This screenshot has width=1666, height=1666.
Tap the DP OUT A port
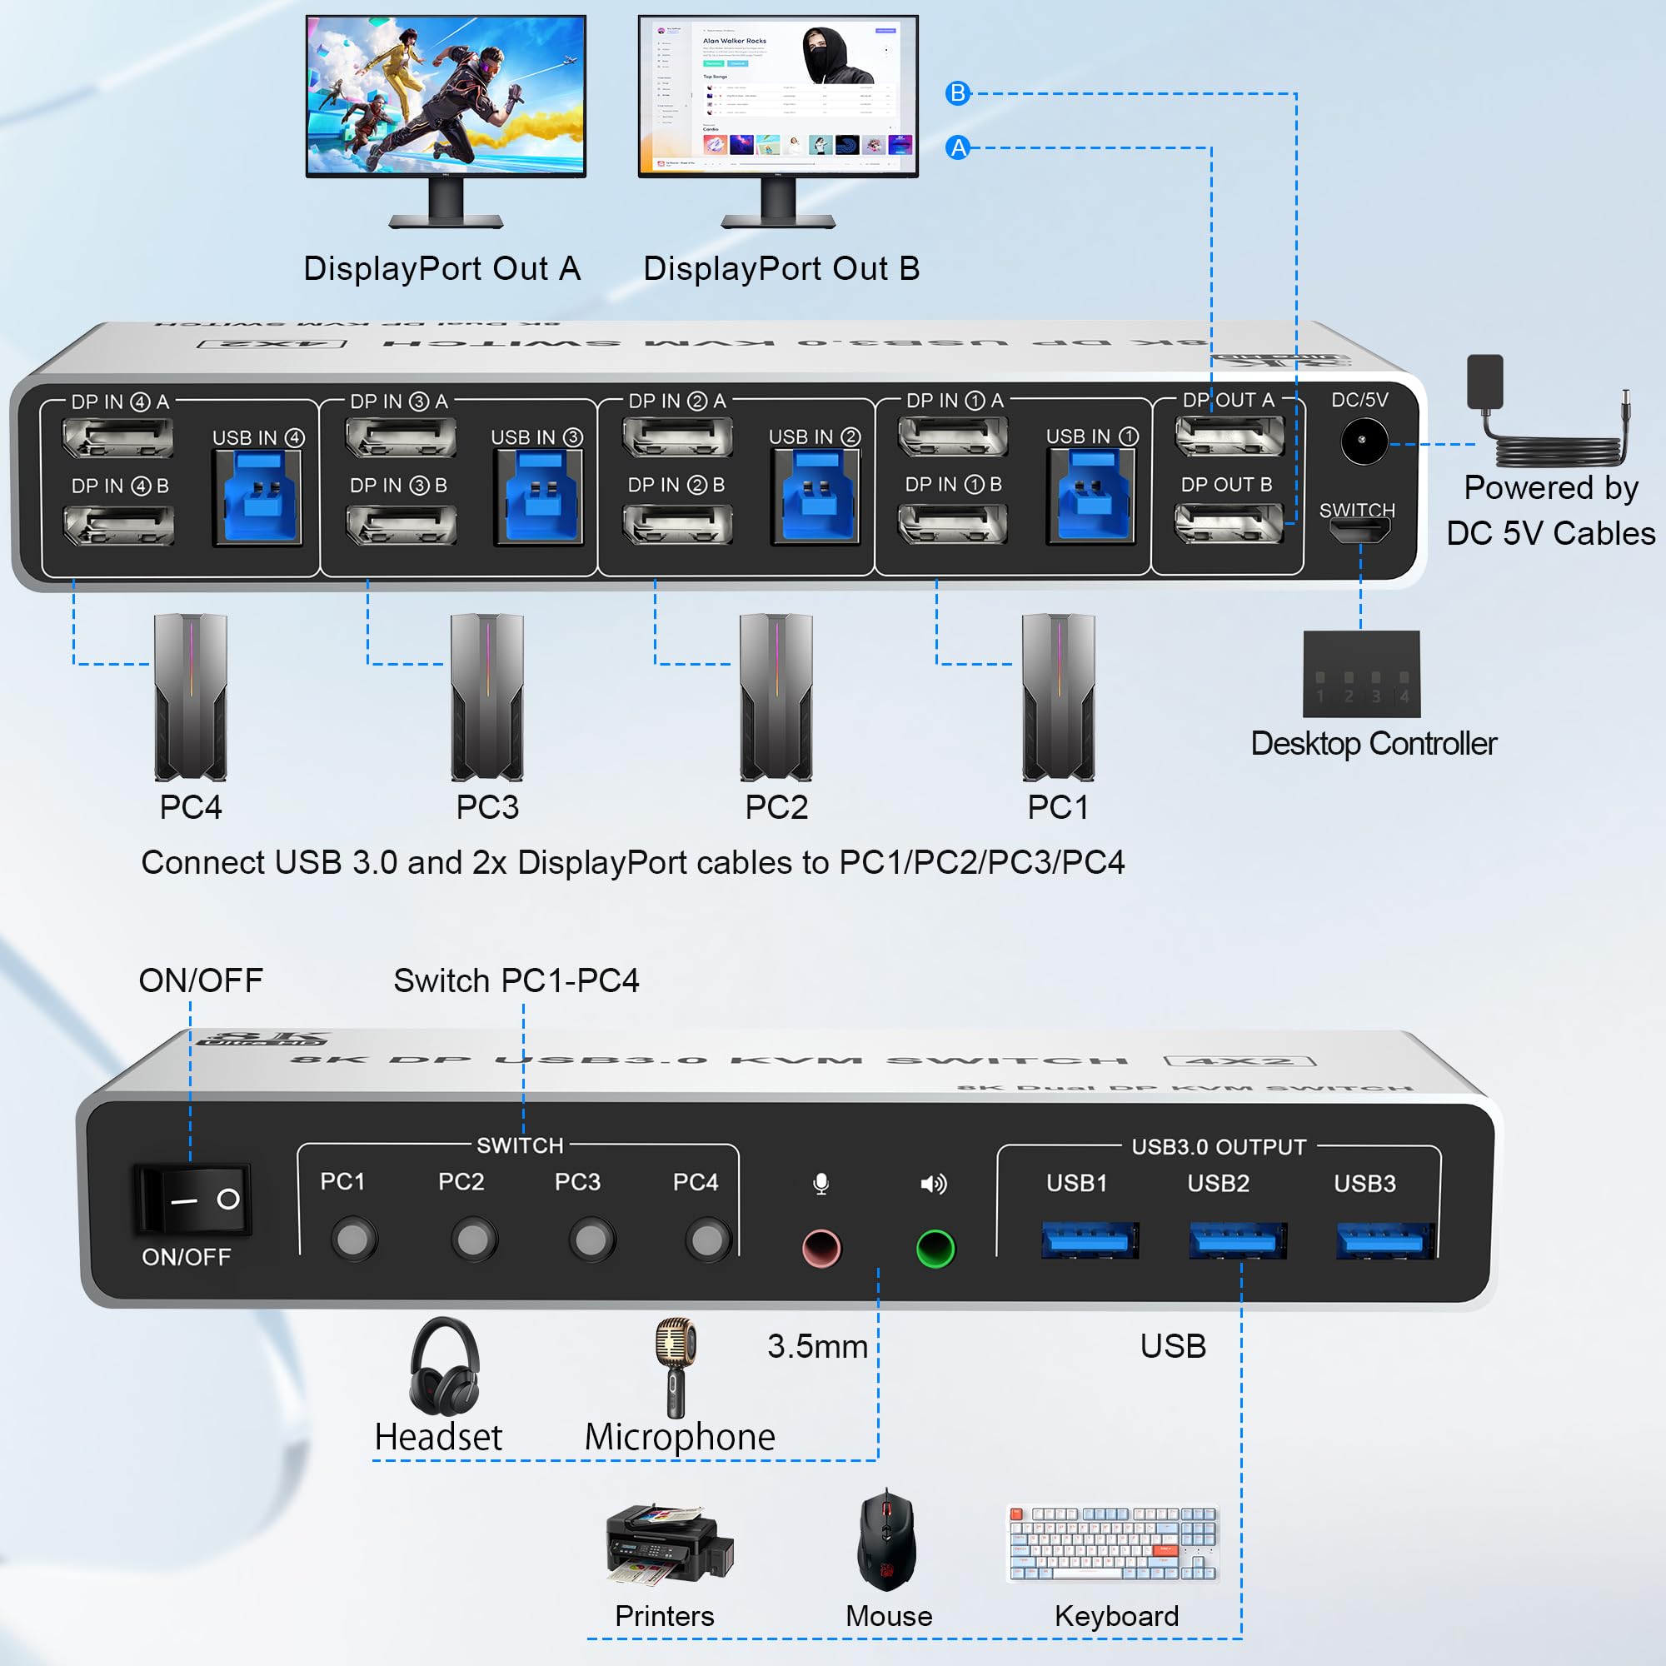click(1230, 436)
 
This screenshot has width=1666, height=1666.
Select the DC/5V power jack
click(1364, 441)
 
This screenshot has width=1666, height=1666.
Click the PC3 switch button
click(591, 1240)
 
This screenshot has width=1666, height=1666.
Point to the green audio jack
click(935, 1249)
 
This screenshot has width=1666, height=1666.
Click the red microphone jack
click(821, 1249)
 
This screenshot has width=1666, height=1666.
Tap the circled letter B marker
click(958, 93)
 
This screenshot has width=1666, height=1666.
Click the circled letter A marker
click(958, 147)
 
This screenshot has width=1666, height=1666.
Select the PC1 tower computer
click(1058, 696)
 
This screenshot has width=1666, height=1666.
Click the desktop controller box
click(1362, 673)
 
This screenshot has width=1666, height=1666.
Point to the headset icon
click(444, 1366)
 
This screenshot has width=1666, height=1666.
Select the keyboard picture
click(1113, 1544)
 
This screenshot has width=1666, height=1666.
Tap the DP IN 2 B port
click(678, 524)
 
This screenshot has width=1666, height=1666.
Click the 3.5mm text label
click(817, 1346)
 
